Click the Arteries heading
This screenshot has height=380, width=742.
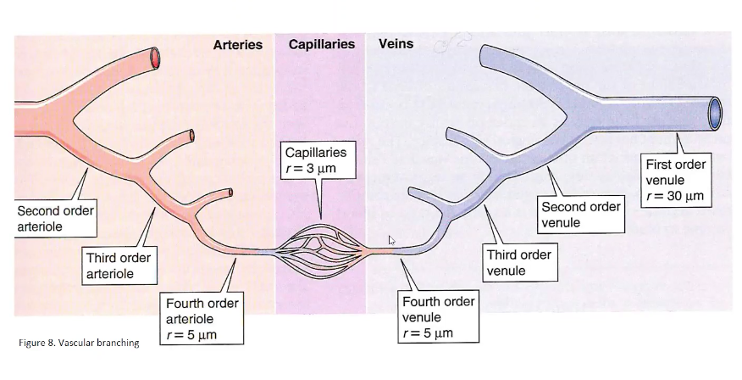click(x=237, y=44)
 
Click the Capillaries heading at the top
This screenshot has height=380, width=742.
click(x=321, y=44)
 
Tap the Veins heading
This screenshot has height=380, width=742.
click(x=396, y=43)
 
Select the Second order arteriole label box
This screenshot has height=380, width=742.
click(x=55, y=218)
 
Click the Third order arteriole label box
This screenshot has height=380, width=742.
click(x=119, y=265)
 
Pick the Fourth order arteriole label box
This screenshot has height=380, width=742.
click(x=202, y=318)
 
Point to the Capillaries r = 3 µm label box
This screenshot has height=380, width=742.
click(x=315, y=160)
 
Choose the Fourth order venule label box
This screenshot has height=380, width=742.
click(x=438, y=317)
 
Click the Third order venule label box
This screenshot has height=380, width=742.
click(x=518, y=263)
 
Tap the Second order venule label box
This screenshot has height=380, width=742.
click(x=581, y=215)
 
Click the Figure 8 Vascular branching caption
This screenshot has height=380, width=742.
click(x=78, y=343)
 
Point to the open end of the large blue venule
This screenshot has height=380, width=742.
click(x=715, y=110)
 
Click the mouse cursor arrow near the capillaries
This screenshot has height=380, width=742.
click(x=391, y=241)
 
